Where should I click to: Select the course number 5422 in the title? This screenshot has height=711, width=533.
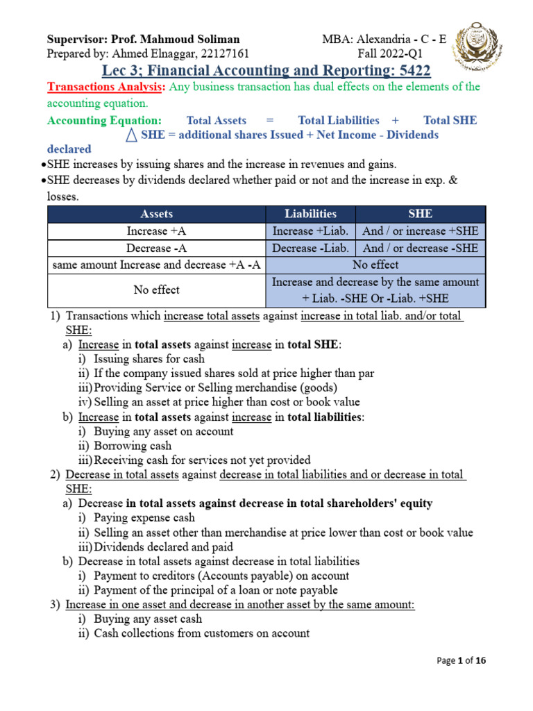pyautogui.click(x=409, y=71)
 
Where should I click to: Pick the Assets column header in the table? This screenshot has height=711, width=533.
pyautogui.click(x=156, y=214)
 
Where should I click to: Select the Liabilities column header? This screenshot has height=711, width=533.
pyautogui.click(x=310, y=214)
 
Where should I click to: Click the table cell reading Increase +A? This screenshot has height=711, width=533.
pyautogui.click(x=156, y=231)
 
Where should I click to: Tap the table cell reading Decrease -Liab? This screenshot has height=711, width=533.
pyautogui.click(x=310, y=248)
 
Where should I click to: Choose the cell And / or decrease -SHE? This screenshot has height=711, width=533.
pyautogui.click(x=421, y=248)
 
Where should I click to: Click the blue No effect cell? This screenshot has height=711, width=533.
pyautogui.click(x=375, y=265)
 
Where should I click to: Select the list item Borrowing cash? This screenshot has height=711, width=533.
pyautogui.click(x=133, y=446)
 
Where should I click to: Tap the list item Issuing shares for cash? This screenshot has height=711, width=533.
pyautogui.click(x=149, y=359)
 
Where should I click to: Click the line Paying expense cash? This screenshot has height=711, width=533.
pyautogui.click(x=144, y=517)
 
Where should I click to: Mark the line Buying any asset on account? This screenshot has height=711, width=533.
pyautogui.click(x=164, y=431)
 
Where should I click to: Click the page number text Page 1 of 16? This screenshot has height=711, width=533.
pyautogui.click(x=462, y=661)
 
